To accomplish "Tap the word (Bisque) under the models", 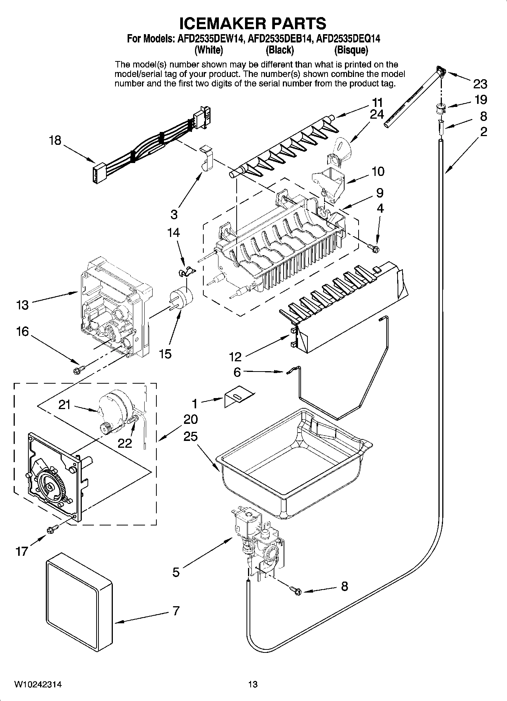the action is pyautogui.click(x=351, y=50).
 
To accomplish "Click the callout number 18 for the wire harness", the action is pyautogui.click(x=55, y=141).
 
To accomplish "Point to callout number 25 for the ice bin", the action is pyautogui.click(x=190, y=436).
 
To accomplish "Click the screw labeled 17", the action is pyautogui.click(x=52, y=527).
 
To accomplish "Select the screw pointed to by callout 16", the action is pyautogui.click(x=80, y=367).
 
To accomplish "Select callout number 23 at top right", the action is pyautogui.click(x=480, y=83).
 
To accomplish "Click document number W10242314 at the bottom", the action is pyautogui.click(x=38, y=684).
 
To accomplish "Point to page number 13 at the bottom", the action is pyautogui.click(x=253, y=684).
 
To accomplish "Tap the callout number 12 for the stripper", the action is pyautogui.click(x=235, y=356).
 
